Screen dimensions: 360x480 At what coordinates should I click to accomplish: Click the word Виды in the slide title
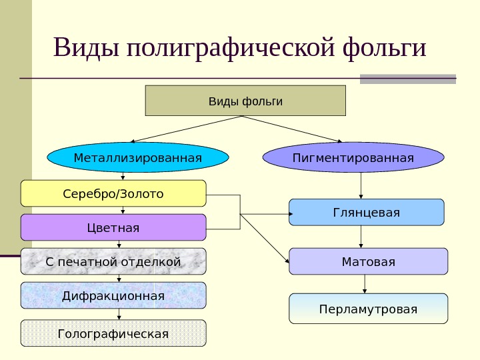click(84, 48)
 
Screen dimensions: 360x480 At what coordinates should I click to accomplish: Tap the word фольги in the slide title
click(383, 48)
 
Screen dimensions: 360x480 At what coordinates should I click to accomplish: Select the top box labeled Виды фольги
click(245, 101)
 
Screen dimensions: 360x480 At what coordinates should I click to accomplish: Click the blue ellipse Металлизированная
click(137, 158)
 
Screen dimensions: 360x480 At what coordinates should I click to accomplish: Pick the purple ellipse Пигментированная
click(353, 158)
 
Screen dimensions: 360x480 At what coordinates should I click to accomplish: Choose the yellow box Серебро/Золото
click(113, 193)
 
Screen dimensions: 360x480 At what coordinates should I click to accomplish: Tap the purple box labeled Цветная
click(113, 227)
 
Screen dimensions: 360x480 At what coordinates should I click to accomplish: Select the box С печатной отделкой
click(113, 261)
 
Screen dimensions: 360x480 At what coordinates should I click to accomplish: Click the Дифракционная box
click(113, 295)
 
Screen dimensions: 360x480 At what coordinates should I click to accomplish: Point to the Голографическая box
click(113, 333)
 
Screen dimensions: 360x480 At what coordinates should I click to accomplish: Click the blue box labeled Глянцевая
click(366, 212)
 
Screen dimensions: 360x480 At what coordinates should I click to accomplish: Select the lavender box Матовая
click(368, 261)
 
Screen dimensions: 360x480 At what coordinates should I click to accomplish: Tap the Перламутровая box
click(368, 309)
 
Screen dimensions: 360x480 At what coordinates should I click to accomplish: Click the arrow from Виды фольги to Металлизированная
click(187, 129)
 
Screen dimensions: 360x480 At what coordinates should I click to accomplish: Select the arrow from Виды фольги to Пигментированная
click(293, 129)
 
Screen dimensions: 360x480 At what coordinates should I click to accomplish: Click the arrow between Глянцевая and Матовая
click(361, 237)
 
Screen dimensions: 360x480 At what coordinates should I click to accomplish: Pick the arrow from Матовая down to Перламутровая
click(365, 284)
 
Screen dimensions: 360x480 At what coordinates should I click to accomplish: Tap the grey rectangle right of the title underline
click(408, 79)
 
